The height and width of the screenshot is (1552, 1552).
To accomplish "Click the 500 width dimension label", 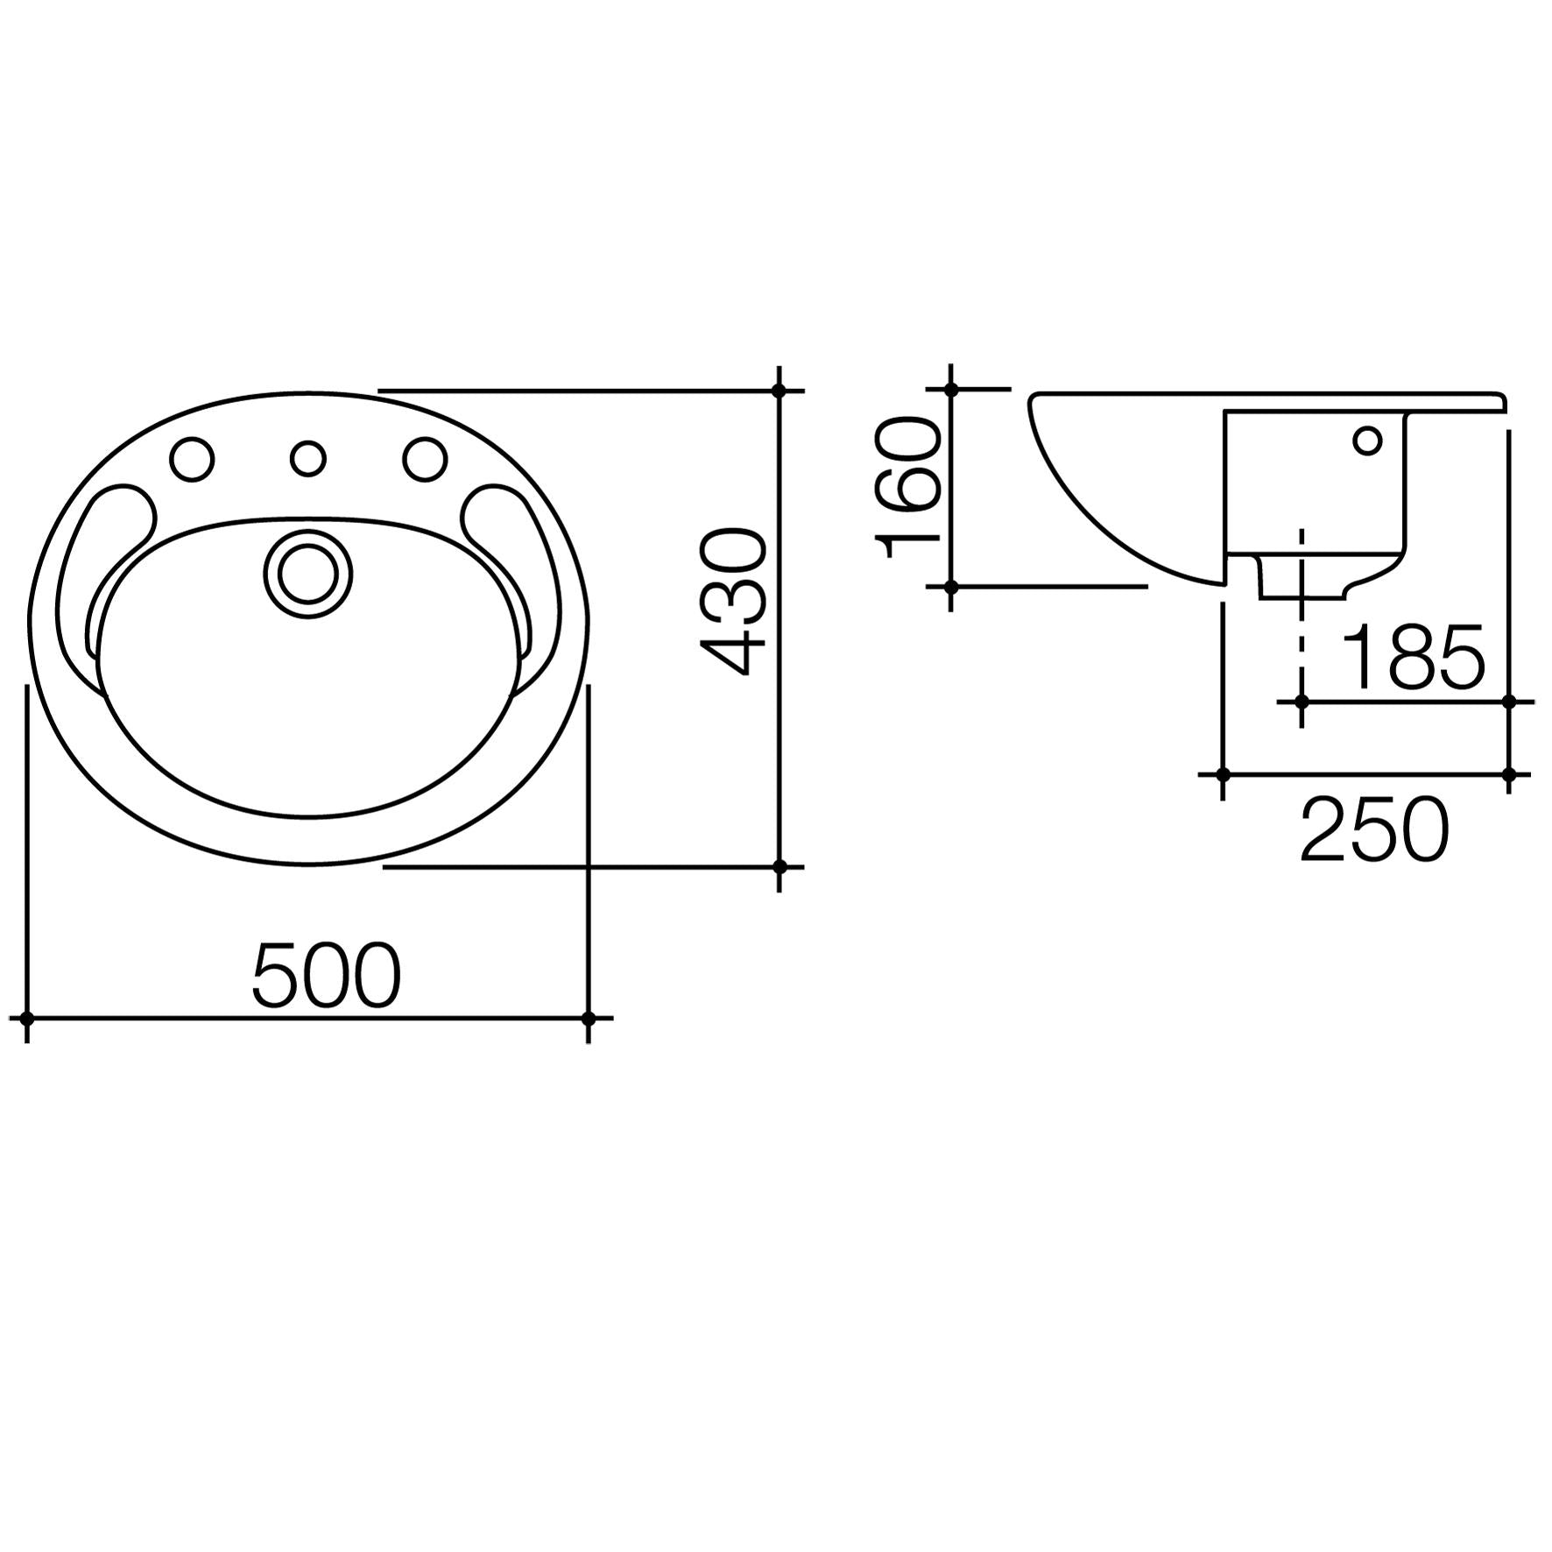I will point(326,975).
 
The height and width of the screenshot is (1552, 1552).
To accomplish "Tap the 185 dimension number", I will point(1414,657).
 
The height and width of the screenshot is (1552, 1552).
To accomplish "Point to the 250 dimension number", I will point(1374,828).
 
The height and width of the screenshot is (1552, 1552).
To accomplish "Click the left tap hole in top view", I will point(191,458).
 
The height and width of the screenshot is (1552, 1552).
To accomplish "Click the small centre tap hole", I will point(307,458).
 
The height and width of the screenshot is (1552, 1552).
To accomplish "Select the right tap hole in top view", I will point(425,458).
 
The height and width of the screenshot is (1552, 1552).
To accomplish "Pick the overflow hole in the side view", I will point(1367,440).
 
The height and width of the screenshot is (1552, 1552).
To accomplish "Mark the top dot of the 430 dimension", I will point(780,391).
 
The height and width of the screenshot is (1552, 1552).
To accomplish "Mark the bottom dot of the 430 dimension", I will point(780,866).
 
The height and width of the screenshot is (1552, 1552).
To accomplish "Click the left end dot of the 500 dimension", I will point(27,1018).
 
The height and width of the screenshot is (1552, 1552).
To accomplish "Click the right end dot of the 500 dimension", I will point(589,1018).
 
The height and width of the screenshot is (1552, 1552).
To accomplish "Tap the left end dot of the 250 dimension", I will point(1223,774).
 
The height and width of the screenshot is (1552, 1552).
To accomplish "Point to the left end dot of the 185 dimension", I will point(1302,702).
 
